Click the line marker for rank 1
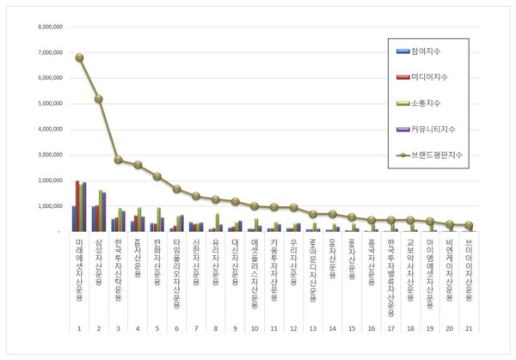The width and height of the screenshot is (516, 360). [79, 58]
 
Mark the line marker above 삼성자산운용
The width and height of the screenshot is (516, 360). [99, 99]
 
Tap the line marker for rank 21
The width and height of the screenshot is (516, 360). [469, 225]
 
